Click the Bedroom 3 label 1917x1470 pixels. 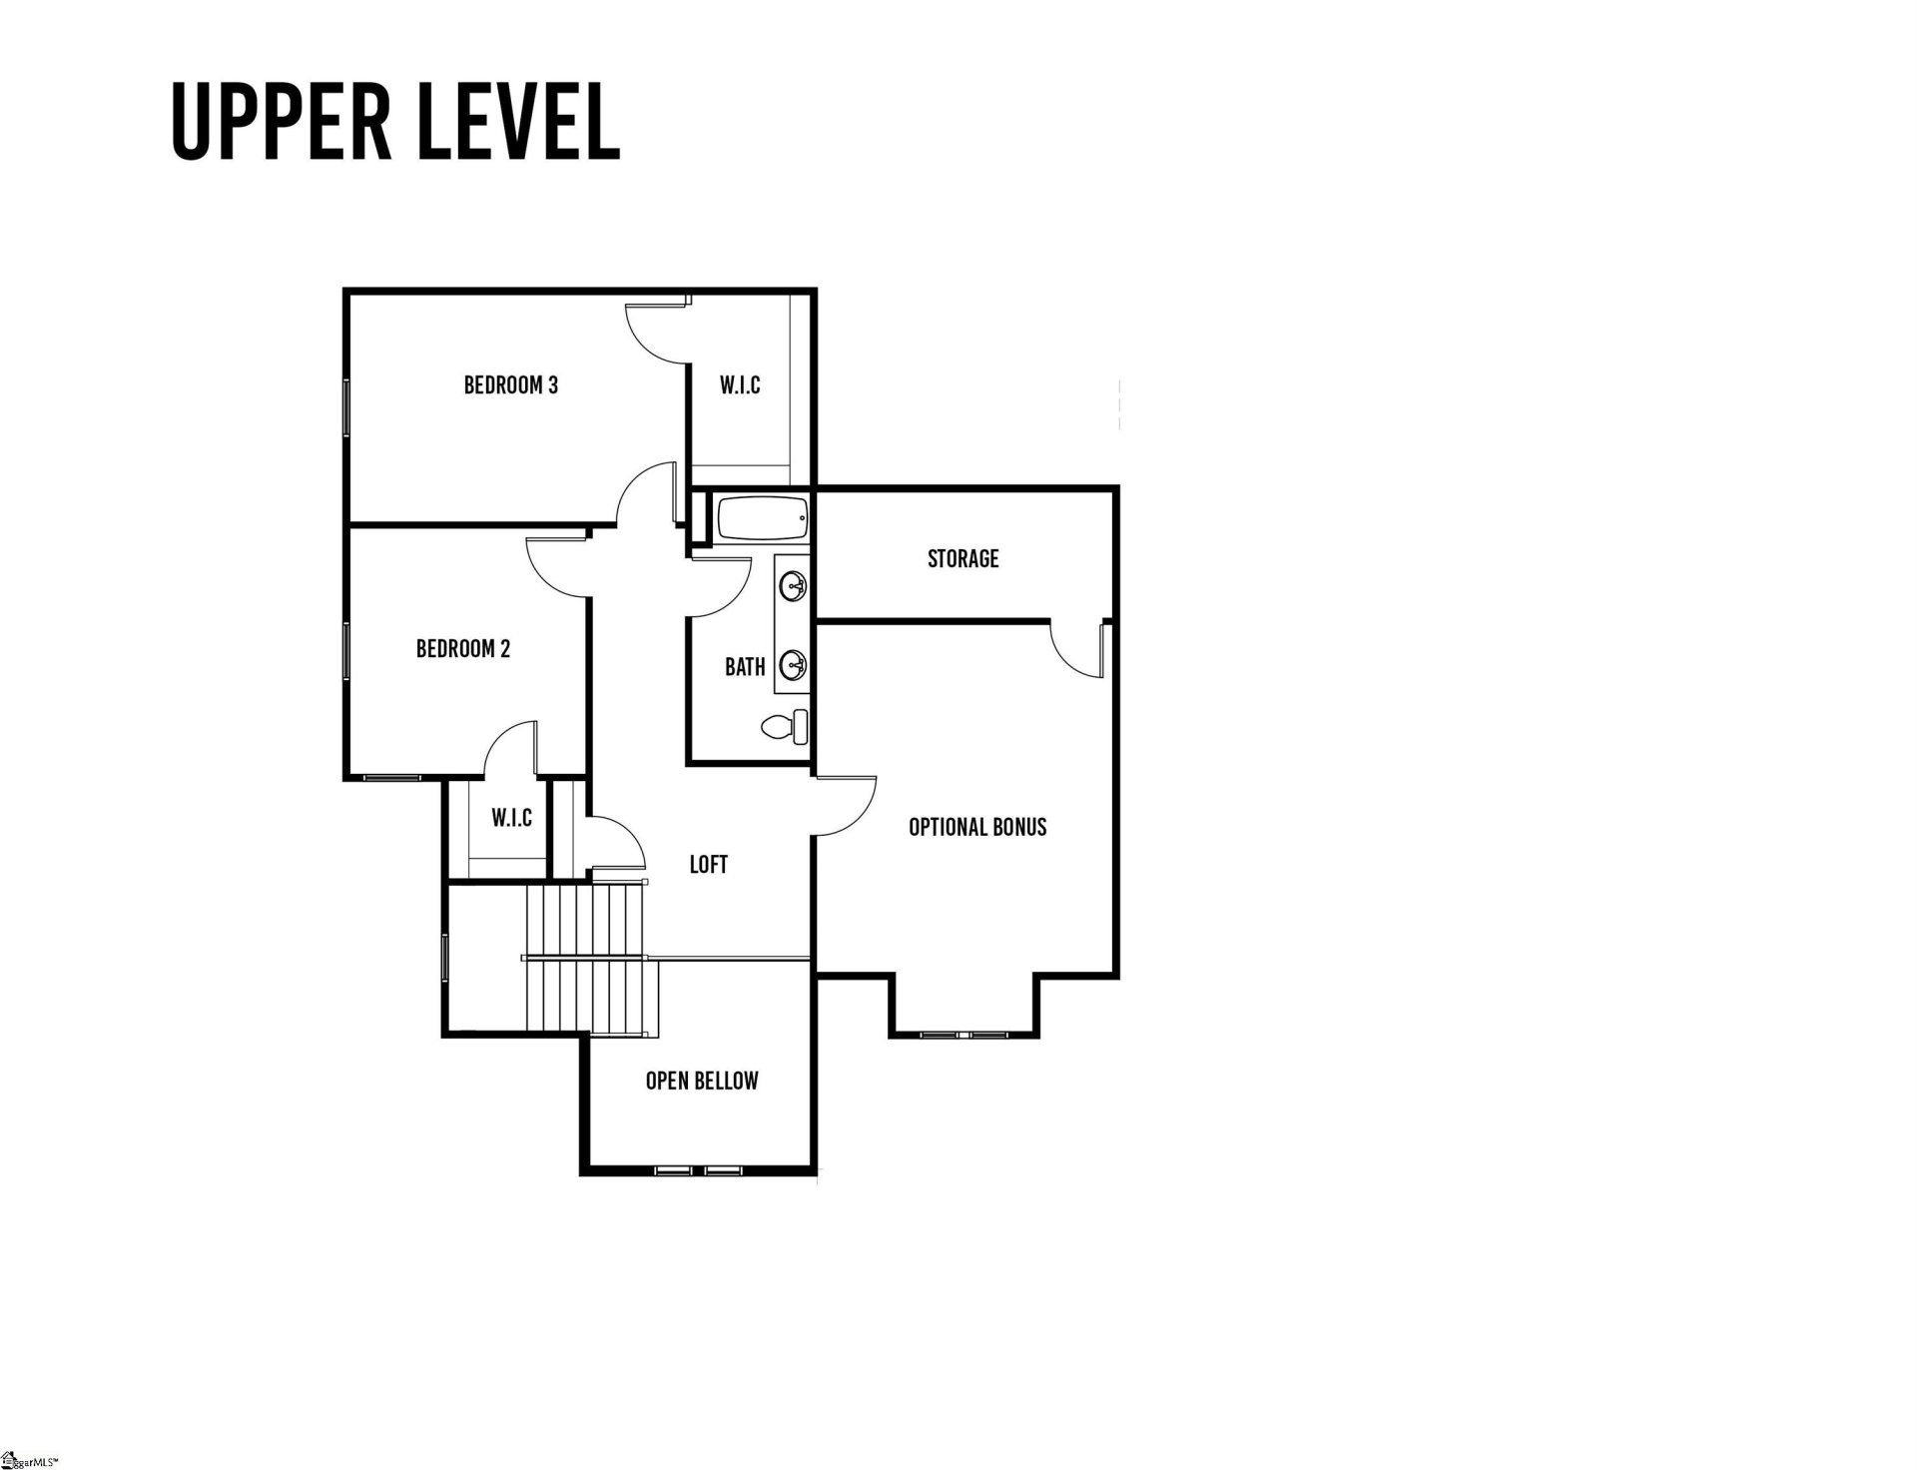510,384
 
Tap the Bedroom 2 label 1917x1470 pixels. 462,649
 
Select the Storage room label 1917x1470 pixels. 962,558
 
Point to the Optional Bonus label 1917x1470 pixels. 976,827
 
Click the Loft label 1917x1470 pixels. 708,865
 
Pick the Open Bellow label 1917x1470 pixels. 701,1081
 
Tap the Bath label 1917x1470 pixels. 744,667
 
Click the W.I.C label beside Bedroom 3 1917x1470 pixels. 740,384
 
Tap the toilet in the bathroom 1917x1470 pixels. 785,726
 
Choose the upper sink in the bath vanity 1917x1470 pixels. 793,586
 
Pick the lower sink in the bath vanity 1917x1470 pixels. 793,663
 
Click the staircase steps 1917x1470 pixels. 589,959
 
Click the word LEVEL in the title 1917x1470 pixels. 519,122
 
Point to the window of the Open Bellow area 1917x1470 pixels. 694,1168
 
